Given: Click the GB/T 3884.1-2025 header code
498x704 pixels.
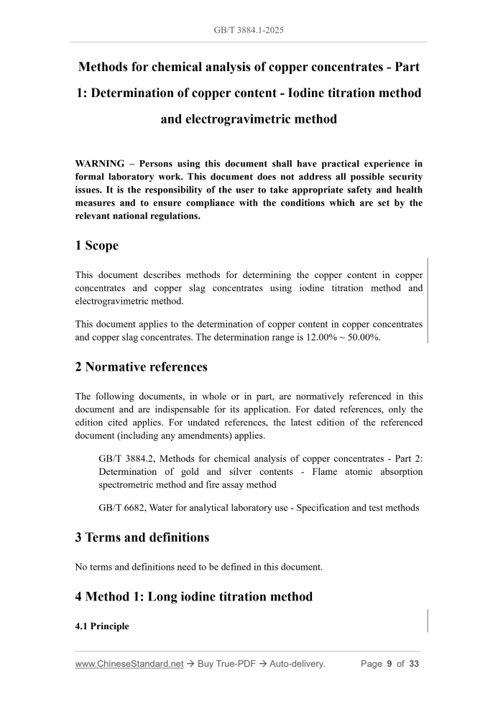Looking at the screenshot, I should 249,31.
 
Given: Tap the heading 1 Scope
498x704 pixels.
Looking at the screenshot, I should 96,245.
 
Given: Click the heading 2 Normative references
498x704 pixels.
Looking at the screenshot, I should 141,366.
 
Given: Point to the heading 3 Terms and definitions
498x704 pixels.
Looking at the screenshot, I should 142,537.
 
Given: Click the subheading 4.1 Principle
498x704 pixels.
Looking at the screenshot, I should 102,626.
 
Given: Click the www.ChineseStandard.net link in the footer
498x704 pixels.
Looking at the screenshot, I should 129,664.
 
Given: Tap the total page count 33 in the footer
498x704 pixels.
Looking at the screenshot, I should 413,664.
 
